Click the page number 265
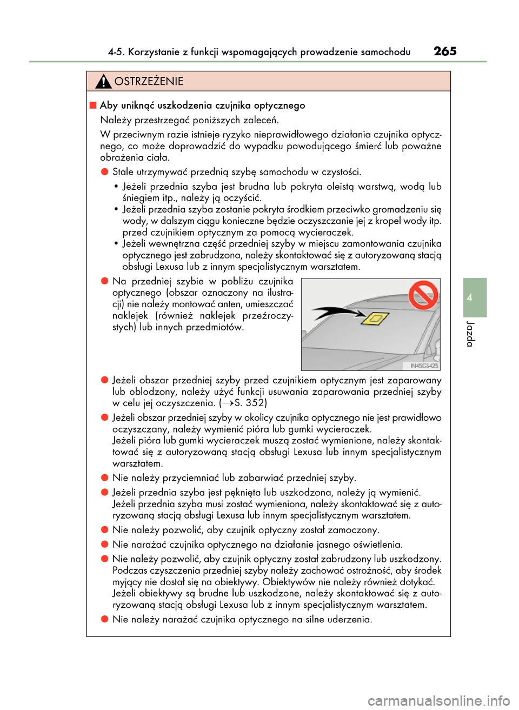(x=445, y=51)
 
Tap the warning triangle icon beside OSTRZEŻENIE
(x=103, y=82)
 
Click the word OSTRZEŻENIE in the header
(x=149, y=82)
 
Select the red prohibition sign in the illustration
(x=423, y=295)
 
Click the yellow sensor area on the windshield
(x=375, y=320)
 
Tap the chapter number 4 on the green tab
(x=470, y=297)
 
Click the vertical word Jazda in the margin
(x=470, y=334)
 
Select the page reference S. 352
(x=250, y=403)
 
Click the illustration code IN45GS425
(x=423, y=366)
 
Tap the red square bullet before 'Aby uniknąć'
(x=93, y=105)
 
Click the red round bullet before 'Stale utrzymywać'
(x=105, y=172)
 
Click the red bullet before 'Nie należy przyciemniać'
(x=105, y=478)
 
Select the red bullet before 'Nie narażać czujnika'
(x=105, y=545)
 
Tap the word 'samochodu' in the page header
(x=385, y=52)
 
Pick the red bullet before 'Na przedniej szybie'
(x=105, y=281)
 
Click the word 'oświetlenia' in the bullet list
(x=375, y=545)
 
